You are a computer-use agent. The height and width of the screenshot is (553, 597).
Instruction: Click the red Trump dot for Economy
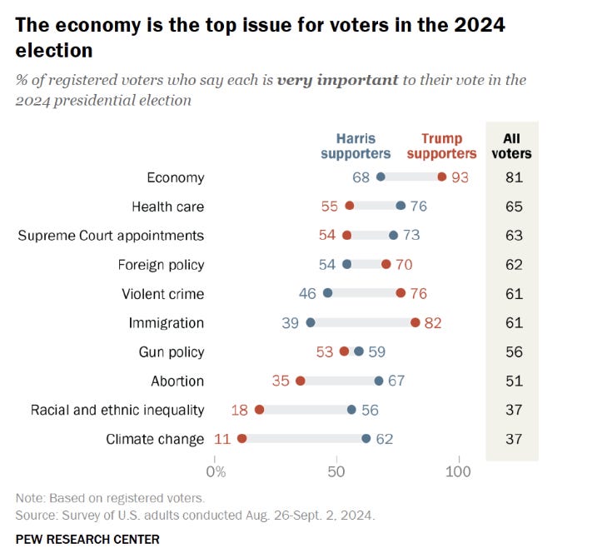point(441,177)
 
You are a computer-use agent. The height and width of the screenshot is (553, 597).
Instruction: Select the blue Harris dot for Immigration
point(311,322)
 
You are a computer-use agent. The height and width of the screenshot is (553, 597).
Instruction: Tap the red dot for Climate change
point(242,439)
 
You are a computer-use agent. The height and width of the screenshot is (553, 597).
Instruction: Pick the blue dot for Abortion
point(379,381)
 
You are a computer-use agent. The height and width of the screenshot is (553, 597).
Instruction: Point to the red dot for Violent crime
point(400,293)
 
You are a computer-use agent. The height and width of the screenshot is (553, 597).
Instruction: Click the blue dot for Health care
point(400,206)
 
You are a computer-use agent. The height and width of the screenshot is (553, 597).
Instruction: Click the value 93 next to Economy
point(460,177)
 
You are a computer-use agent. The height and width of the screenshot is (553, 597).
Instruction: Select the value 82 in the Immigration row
point(433,322)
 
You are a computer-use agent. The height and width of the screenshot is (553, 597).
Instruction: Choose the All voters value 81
point(514,177)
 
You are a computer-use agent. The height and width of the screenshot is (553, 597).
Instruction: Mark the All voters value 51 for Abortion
point(514,381)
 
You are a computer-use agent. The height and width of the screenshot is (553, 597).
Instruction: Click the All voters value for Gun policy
point(514,351)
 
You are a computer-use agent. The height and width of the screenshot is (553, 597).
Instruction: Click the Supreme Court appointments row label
point(111,235)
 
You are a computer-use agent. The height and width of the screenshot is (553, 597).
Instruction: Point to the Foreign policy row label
point(162,264)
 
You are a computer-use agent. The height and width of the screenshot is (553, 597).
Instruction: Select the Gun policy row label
point(172,351)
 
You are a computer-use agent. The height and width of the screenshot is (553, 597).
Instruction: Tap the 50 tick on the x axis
point(336,472)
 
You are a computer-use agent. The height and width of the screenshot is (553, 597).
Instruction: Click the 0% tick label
point(216,472)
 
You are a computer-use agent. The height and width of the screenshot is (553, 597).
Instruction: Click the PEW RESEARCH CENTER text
point(87,539)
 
